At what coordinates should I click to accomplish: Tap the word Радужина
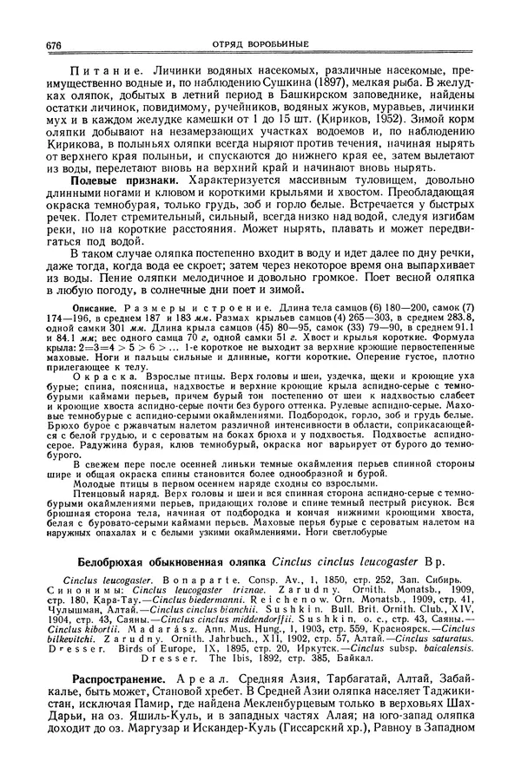[81, 451]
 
